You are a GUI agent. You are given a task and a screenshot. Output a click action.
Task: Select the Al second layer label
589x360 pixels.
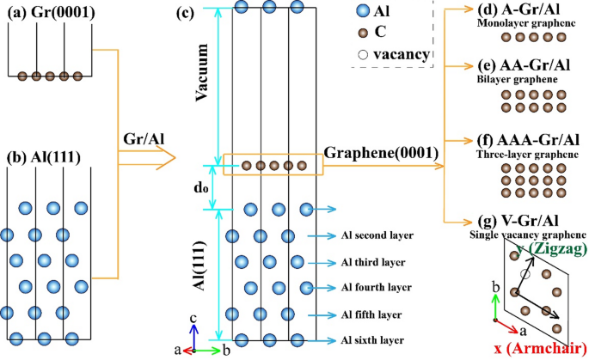point(377,235)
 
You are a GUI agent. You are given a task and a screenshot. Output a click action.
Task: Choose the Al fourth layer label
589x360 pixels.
point(377,287)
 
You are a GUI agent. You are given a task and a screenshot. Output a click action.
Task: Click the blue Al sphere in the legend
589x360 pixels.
point(363,13)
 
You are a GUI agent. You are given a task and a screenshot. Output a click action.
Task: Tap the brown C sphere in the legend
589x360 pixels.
point(363,35)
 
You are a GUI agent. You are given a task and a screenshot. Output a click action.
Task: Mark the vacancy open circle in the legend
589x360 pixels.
point(363,55)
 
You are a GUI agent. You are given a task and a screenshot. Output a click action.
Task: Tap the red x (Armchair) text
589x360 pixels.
point(538,348)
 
